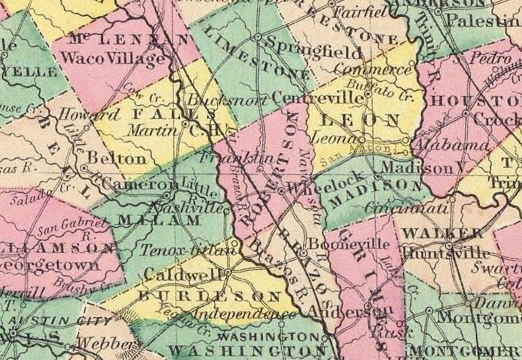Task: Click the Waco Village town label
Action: click(x=111, y=59)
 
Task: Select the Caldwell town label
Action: click(x=182, y=273)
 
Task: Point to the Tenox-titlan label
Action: click(x=188, y=250)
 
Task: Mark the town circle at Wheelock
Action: click(x=281, y=190)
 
